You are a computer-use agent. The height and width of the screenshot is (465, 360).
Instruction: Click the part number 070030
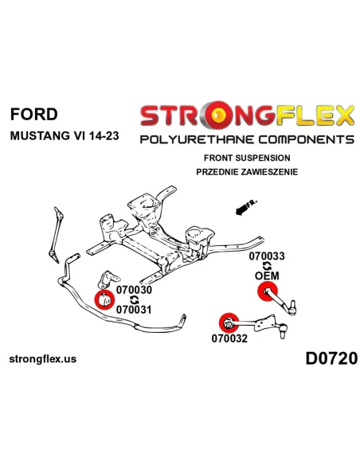tap(134, 290)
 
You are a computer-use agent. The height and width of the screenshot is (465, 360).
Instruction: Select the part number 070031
tap(134, 310)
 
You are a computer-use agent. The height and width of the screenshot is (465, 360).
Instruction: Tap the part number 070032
tap(229, 338)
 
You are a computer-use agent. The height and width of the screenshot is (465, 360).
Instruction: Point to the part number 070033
tap(267, 256)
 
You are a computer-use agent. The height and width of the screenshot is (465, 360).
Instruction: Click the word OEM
tap(267, 275)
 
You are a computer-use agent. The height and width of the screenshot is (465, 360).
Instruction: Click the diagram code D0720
tap(331, 358)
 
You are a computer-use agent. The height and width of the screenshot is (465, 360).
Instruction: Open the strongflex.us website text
tap(43, 359)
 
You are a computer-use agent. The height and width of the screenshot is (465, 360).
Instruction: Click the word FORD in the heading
tap(33, 114)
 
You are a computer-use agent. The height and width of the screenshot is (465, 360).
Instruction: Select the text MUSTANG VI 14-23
tap(65, 136)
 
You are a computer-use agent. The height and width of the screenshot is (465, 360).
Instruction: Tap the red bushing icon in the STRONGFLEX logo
tap(217, 115)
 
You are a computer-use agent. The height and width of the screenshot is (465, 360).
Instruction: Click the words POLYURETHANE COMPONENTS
tap(247, 139)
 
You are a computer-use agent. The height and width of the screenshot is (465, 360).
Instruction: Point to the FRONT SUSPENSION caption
tap(247, 158)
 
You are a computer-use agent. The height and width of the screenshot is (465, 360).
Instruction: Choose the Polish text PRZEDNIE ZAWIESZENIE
tap(247, 172)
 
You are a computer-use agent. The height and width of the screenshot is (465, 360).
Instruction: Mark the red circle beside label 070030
tap(104, 299)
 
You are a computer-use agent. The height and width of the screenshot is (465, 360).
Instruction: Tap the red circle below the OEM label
tap(267, 291)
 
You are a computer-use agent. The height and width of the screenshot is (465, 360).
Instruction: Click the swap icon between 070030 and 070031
tap(134, 300)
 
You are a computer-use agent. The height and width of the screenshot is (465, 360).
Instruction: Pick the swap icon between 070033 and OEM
tap(267, 266)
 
